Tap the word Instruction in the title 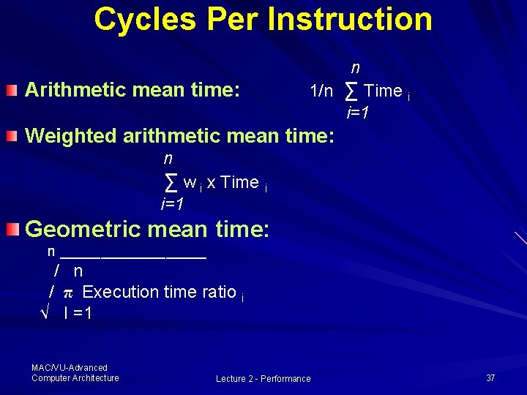pyautogui.click(x=349, y=20)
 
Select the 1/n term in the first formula pyautogui.click(x=321, y=91)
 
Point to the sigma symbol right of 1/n pyautogui.click(x=351, y=91)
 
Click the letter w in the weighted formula pyautogui.click(x=189, y=183)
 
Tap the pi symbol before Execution pyautogui.click(x=67, y=293)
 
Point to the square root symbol pyautogui.click(x=44, y=314)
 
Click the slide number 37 pyautogui.click(x=490, y=377)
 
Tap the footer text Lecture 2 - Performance pyautogui.click(x=263, y=378)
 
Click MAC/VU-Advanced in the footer pyautogui.click(x=70, y=367)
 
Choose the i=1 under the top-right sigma pyautogui.click(x=357, y=113)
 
